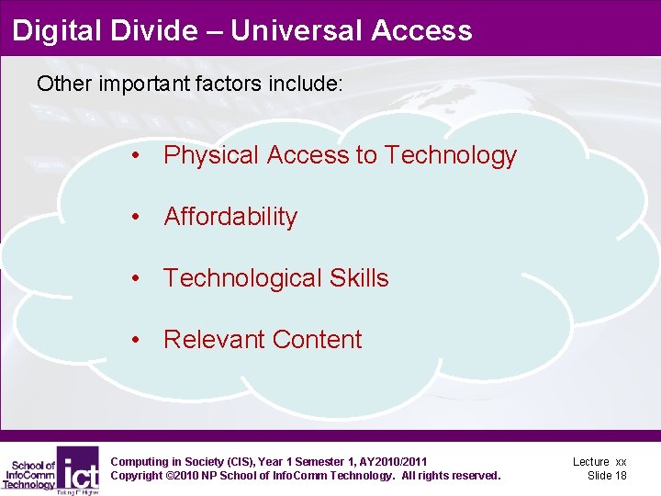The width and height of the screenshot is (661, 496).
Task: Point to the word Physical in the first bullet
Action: pos(211,156)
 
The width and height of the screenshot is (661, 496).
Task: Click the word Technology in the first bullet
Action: pos(451,155)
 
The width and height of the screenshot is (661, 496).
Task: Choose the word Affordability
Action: pos(230,217)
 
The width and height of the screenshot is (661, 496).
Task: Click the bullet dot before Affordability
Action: pos(135,218)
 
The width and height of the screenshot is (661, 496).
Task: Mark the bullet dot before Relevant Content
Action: pos(135,341)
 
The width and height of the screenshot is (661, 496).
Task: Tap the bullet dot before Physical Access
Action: pos(135,156)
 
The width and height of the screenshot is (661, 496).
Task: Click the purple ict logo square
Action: pos(79,468)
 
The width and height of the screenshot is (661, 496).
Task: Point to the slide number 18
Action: pos(621,476)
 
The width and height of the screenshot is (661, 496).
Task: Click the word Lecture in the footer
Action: pos(591,461)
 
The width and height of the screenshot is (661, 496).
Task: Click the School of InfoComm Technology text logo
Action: pos(29,474)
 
